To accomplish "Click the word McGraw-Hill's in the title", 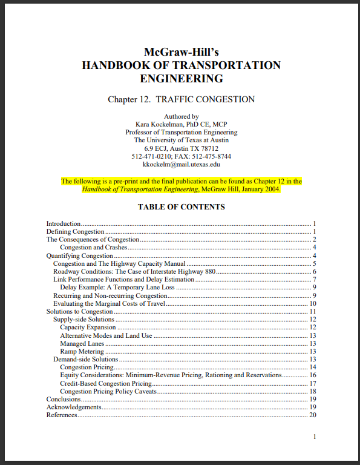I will point(181,52).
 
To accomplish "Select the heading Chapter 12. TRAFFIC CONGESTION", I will point(181,99).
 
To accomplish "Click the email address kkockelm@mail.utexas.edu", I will point(181,163).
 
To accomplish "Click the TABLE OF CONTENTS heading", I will point(181,207).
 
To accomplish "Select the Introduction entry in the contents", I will point(64,223).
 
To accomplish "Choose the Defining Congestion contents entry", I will point(76,231).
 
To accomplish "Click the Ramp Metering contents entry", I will point(82,351).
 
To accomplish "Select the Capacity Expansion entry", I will point(88,328).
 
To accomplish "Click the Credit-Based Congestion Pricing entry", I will point(106,383).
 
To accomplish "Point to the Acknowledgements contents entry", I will point(73,407).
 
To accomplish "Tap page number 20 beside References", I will point(313,415).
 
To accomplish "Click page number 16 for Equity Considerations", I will point(313,375).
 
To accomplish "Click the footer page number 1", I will point(315,437).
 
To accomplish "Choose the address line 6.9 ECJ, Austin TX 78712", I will point(181,148).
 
